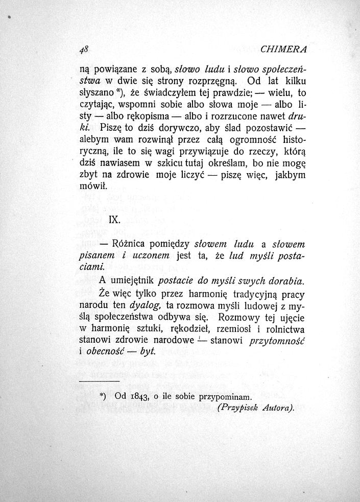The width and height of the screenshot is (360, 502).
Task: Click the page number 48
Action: [x=85, y=50]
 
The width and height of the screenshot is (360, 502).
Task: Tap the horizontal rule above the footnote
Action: [x=99, y=382]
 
